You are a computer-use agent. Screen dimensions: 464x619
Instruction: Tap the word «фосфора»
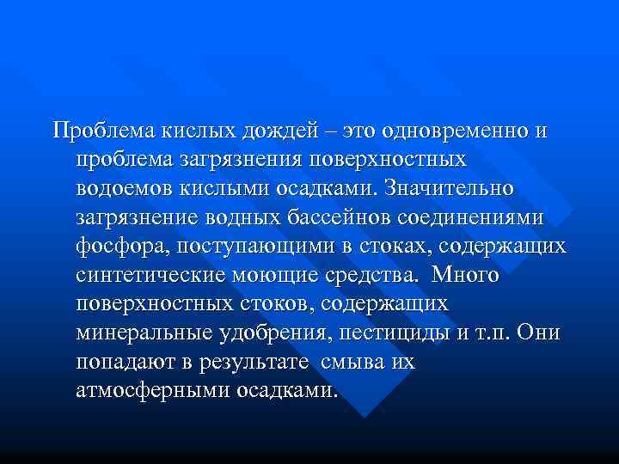124,247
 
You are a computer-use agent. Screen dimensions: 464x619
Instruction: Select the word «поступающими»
258,247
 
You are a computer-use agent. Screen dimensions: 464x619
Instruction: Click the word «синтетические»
150,276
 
